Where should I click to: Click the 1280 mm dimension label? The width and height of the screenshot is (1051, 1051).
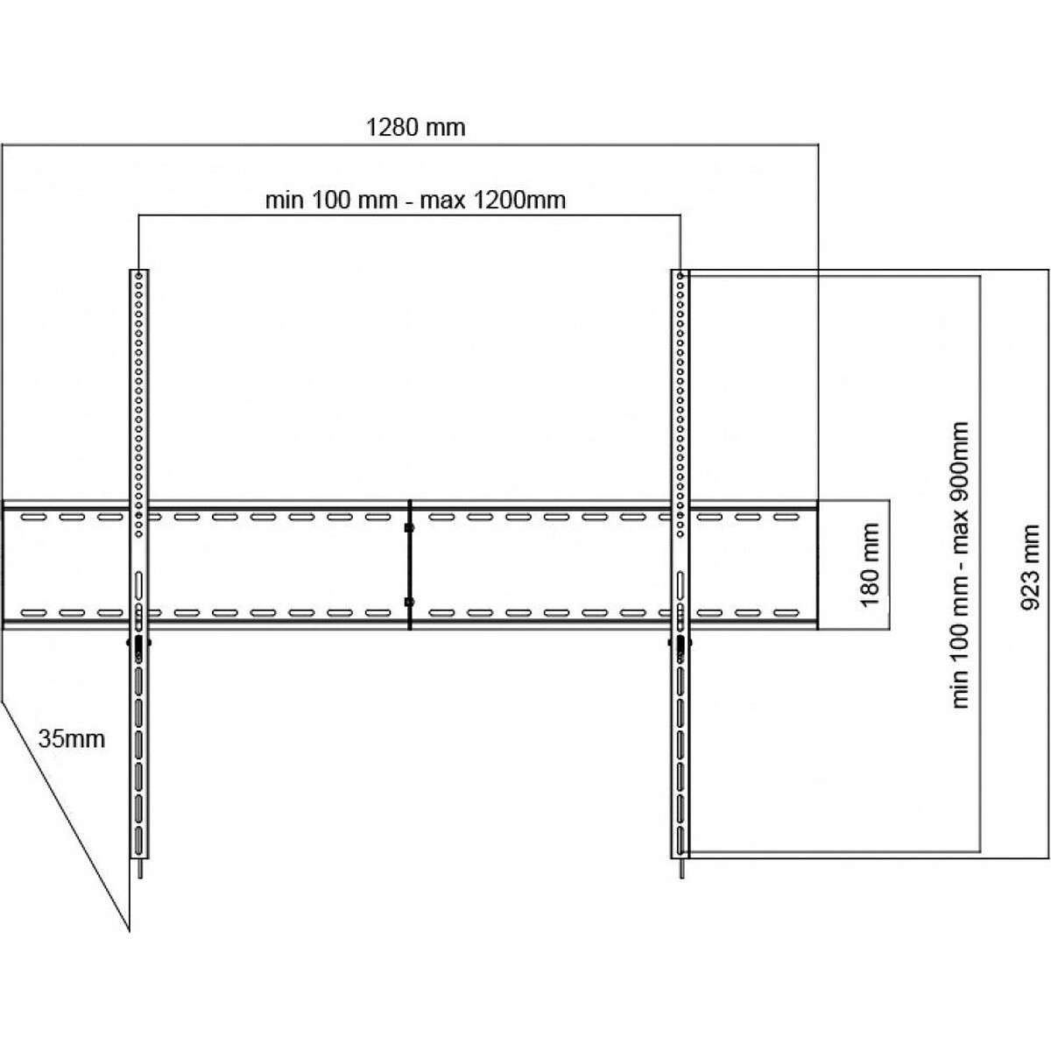click(x=415, y=128)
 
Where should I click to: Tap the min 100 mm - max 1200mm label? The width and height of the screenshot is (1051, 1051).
click(x=415, y=201)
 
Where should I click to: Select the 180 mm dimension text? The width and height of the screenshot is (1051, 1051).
click(x=871, y=565)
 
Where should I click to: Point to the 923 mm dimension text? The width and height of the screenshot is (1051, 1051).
click(x=1029, y=568)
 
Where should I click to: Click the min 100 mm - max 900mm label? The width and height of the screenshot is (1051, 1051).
click(x=961, y=565)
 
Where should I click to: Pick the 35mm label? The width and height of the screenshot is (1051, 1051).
click(x=72, y=739)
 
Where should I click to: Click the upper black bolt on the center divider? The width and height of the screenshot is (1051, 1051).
click(x=409, y=528)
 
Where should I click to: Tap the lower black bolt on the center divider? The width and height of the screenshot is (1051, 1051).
click(x=409, y=602)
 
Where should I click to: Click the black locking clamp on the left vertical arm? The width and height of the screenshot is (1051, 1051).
click(x=138, y=643)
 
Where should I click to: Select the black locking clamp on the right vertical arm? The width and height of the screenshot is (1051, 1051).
click(x=681, y=643)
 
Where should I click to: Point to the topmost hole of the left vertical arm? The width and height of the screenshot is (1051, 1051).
click(x=139, y=276)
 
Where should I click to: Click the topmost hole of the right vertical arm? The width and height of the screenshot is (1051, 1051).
click(x=681, y=276)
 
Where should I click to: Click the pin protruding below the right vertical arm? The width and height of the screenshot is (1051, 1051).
click(x=681, y=868)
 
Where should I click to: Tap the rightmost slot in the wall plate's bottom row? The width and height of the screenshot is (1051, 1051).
click(x=786, y=613)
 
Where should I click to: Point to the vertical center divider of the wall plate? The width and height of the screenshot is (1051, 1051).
click(x=409, y=565)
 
